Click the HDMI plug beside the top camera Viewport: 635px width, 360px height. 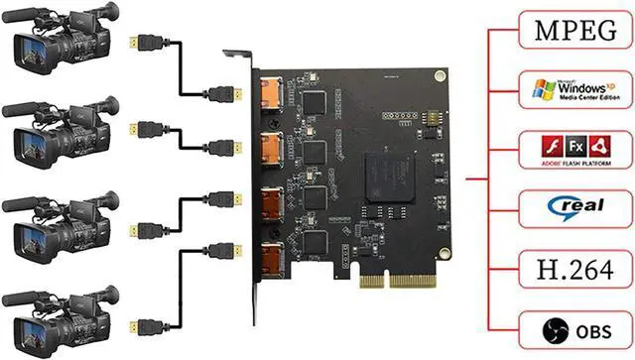pyautogui.click(x=148, y=43)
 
